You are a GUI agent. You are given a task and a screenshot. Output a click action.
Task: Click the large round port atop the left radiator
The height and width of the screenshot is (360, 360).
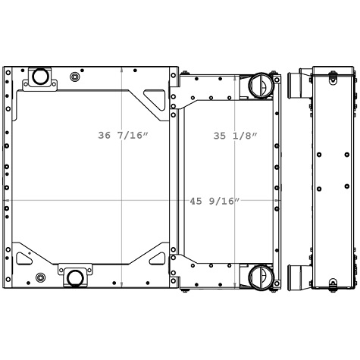click(39, 77)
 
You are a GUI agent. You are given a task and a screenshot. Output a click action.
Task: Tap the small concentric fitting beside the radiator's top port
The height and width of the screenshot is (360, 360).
click(75, 77)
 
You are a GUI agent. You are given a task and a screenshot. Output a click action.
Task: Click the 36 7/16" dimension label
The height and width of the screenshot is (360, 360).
click(124, 136)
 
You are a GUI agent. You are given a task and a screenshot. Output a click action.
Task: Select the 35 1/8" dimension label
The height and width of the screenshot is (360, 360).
click(235, 136)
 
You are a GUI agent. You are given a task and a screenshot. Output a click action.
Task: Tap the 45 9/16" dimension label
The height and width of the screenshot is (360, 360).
click(214, 201)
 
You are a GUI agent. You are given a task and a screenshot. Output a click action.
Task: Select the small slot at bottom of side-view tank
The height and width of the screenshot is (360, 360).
click(332, 283)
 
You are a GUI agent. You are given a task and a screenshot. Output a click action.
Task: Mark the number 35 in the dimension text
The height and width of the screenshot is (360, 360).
click(220, 136)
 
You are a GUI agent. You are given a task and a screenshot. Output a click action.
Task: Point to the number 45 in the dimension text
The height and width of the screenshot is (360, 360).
click(196, 201)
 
